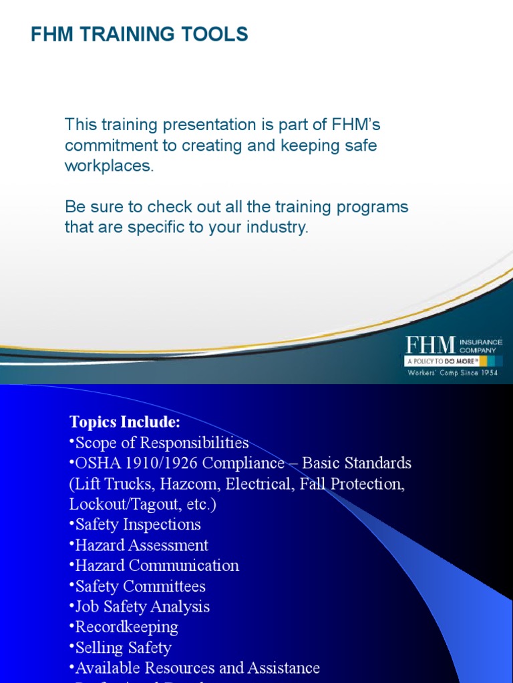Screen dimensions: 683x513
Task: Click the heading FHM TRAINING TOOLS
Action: (x=140, y=35)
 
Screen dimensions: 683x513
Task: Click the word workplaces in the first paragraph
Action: (x=108, y=166)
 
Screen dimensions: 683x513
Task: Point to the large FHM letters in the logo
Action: (x=430, y=345)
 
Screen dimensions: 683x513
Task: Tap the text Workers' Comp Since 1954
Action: (x=454, y=373)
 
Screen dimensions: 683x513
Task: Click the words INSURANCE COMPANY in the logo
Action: (x=480, y=346)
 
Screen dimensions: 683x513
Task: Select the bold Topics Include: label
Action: (x=125, y=422)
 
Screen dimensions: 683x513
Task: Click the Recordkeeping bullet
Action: (x=125, y=627)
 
